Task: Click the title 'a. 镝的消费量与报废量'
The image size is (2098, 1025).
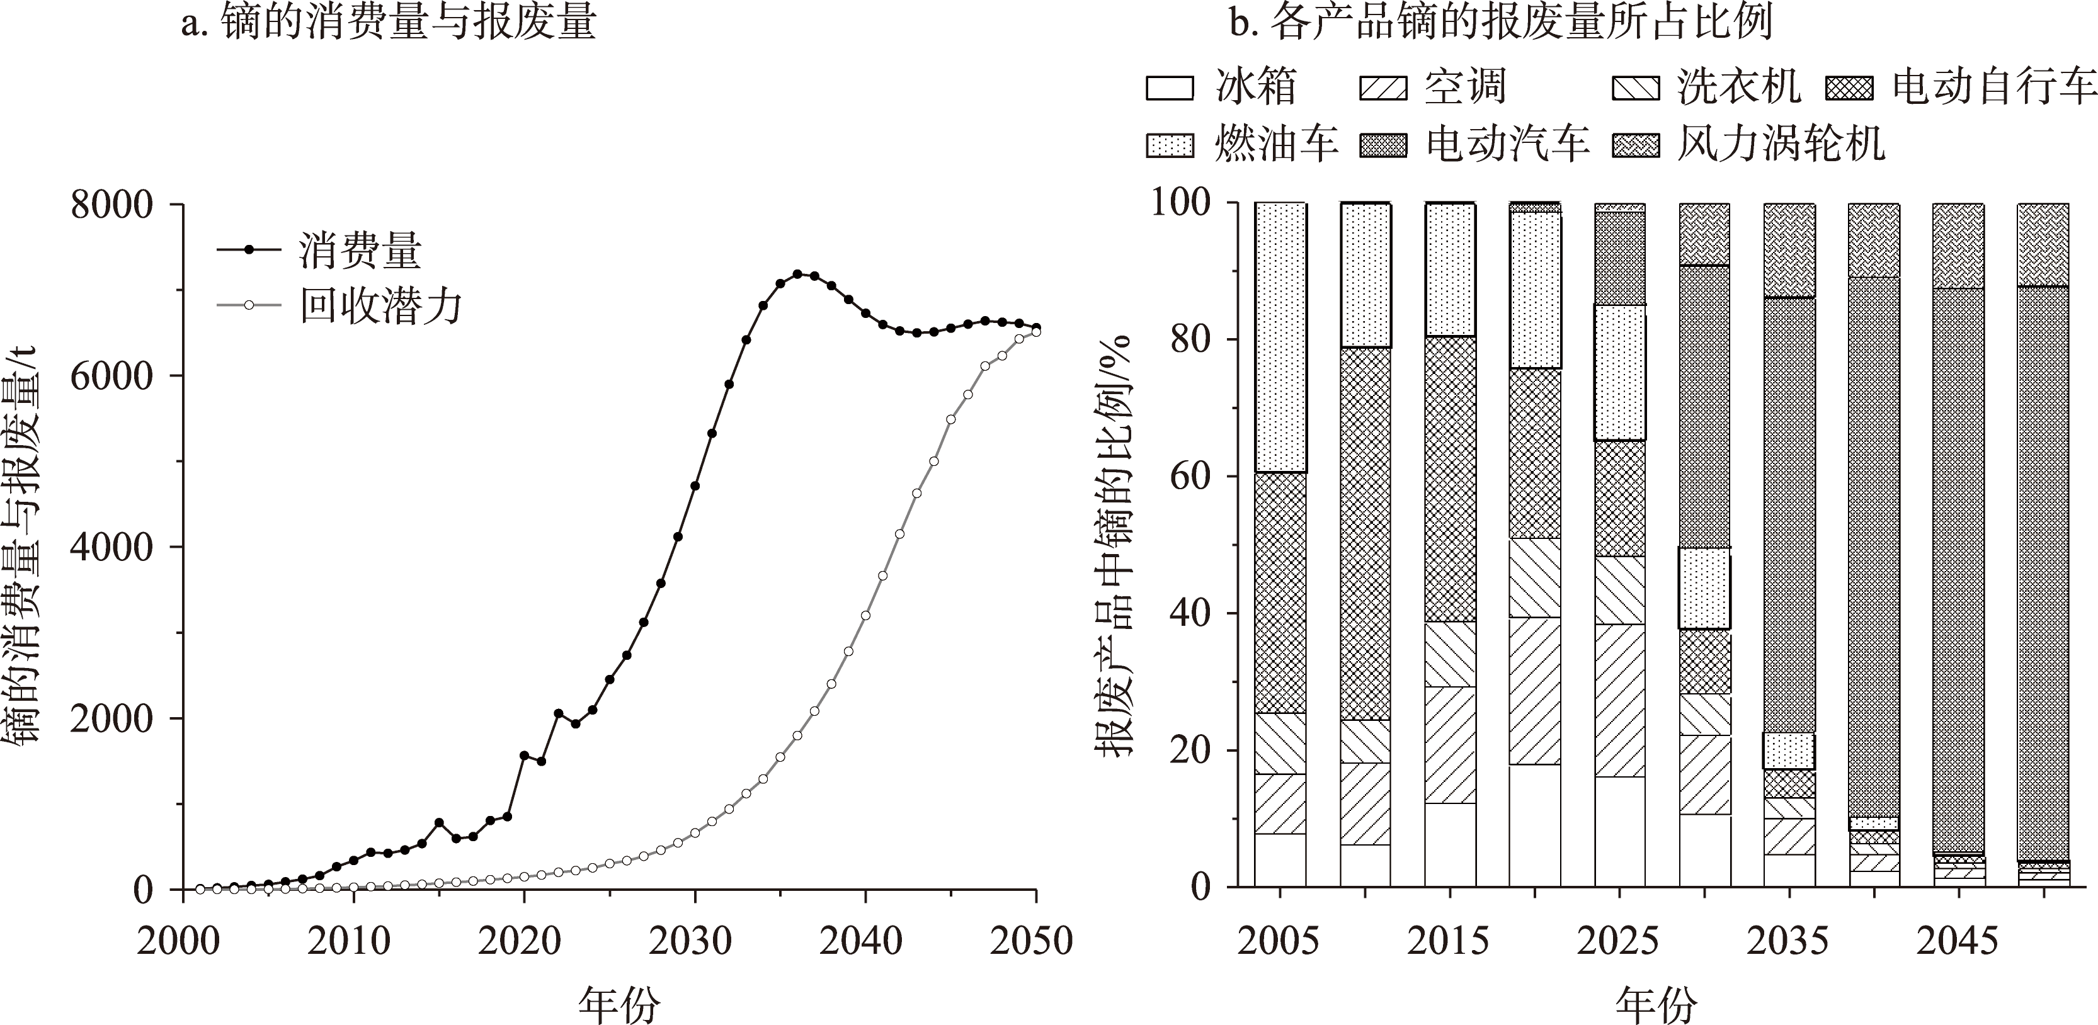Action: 389,23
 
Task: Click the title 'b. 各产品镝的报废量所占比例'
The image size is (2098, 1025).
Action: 1500,23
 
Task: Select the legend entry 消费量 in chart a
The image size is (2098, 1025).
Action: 359,250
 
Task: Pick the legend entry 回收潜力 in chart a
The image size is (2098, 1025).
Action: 380,306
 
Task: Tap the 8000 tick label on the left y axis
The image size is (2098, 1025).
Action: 111,205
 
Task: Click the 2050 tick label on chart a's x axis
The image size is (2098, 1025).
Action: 1031,941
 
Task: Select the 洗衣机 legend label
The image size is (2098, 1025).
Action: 1739,86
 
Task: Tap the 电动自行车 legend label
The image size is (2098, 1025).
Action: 1992,86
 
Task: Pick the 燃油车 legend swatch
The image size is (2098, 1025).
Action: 1170,145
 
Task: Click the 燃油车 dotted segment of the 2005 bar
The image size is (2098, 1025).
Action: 1280,337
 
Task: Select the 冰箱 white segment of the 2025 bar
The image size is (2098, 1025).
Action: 1619,831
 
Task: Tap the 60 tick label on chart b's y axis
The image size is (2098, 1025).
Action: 1190,475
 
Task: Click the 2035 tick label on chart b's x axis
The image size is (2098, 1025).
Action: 1787,941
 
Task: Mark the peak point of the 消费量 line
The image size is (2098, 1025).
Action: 797,275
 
